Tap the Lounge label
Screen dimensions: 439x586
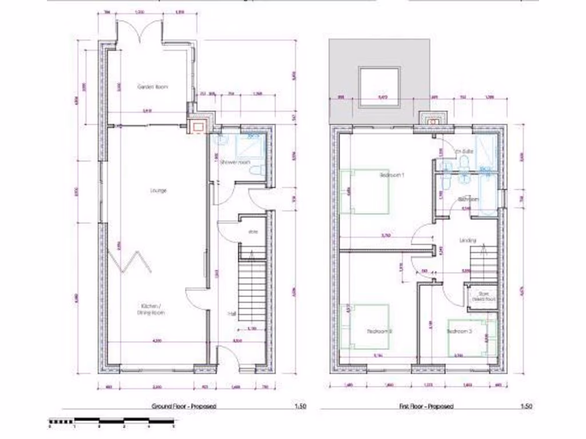click(x=158, y=190)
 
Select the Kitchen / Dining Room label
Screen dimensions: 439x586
click(x=151, y=310)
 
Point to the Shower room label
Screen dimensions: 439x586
click(x=236, y=162)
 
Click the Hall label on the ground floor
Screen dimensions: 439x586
click(x=232, y=314)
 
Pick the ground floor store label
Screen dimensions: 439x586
click(x=252, y=232)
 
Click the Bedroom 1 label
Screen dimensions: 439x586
click(x=392, y=175)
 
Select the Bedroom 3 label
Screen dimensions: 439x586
click(x=458, y=331)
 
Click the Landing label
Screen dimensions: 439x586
click(x=468, y=240)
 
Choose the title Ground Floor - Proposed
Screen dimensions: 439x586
click(x=184, y=406)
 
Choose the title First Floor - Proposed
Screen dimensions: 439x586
click(x=426, y=406)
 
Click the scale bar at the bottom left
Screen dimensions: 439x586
click(x=112, y=422)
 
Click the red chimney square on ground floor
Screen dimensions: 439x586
click(x=199, y=126)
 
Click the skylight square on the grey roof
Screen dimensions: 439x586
click(x=378, y=87)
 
